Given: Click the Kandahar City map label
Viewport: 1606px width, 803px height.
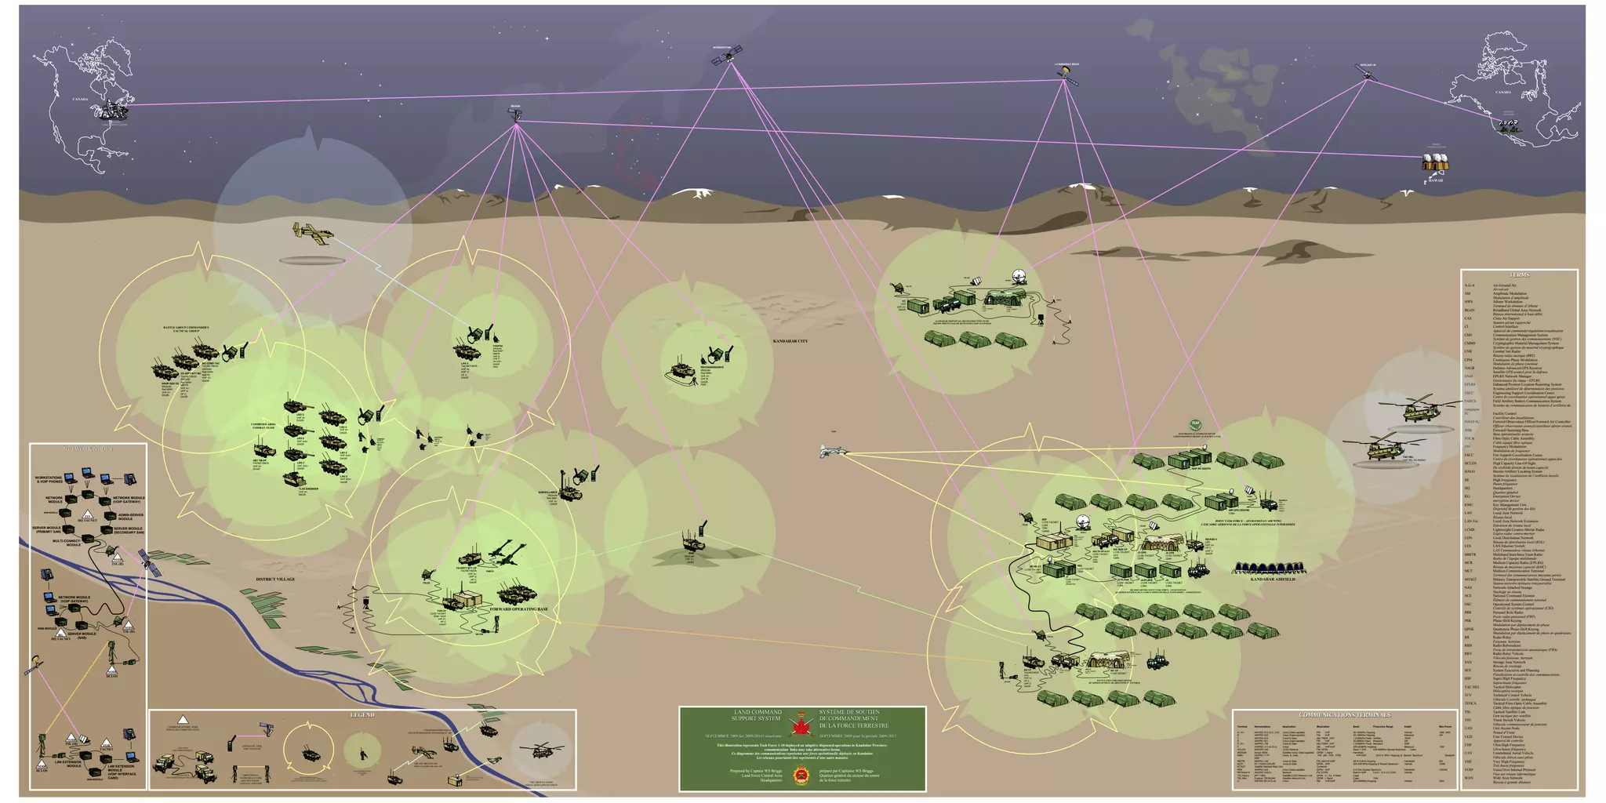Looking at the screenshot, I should point(790,341).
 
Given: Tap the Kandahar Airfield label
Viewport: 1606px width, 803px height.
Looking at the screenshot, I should point(1272,579).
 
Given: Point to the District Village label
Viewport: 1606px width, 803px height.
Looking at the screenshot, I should point(275,579).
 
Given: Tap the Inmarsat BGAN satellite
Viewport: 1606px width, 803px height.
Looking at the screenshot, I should point(1067,75).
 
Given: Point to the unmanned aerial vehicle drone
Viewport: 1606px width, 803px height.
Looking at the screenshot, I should point(830,451).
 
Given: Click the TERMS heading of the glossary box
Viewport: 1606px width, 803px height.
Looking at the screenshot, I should point(1518,275).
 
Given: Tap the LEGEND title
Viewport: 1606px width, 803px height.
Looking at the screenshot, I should point(362,715).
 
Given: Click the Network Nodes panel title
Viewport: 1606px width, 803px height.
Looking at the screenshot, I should point(88,449).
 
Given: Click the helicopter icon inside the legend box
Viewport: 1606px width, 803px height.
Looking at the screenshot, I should point(540,751).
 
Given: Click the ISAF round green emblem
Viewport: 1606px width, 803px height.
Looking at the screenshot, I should point(1195,423).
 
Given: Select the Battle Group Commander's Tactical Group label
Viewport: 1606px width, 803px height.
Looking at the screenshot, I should point(186,329).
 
